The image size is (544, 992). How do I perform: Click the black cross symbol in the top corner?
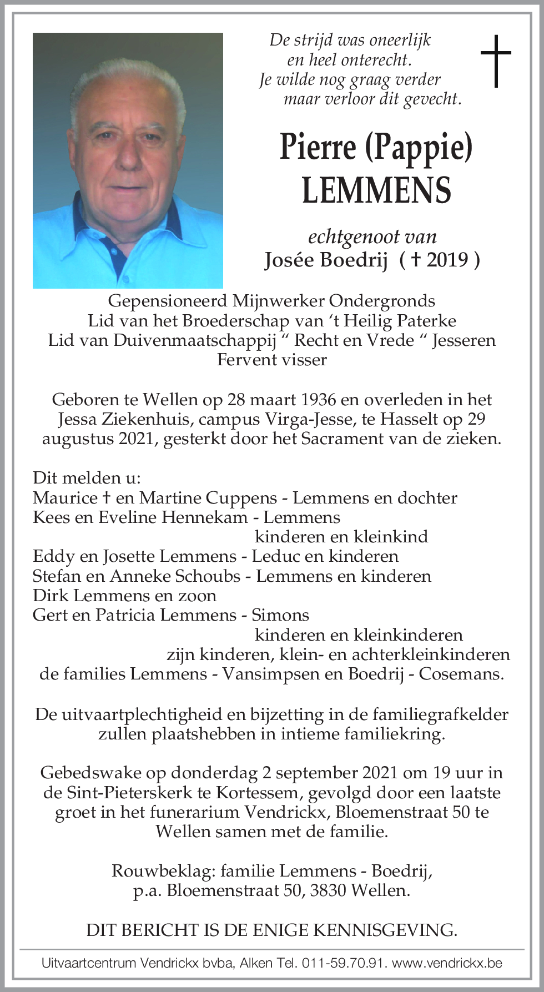[x=495, y=61]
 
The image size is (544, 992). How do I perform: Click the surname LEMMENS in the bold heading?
[x=376, y=190]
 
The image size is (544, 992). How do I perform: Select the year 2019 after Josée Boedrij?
[x=448, y=260]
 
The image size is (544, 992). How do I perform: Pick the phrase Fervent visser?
[x=271, y=360]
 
